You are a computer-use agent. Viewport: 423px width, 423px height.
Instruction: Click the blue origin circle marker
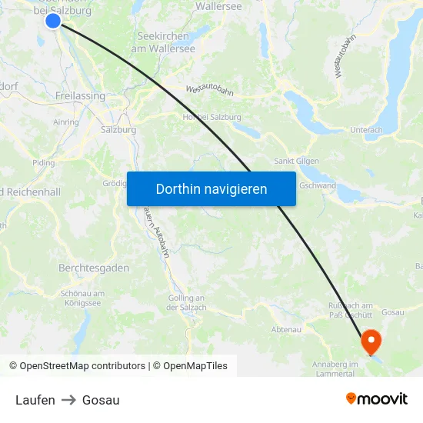(x=53, y=21)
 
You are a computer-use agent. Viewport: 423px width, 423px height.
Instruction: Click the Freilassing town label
(x=80, y=96)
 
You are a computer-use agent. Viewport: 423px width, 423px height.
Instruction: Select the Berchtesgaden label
(x=94, y=268)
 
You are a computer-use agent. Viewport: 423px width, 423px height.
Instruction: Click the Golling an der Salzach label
(x=186, y=302)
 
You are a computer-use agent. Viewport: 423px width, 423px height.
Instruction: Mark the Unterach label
(x=366, y=130)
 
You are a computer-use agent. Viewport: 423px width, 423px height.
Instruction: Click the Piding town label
(x=44, y=163)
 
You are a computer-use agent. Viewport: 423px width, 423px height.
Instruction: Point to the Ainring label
(x=66, y=122)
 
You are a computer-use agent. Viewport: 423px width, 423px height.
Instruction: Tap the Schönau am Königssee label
(x=82, y=298)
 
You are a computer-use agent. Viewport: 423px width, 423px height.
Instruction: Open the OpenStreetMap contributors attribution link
(x=82, y=366)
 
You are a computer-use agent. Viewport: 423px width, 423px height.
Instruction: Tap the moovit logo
(x=377, y=398)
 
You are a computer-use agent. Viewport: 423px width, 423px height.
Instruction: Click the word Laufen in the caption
(x=35, y=400)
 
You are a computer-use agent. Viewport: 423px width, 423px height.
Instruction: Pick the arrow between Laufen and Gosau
(x=68, y=400)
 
